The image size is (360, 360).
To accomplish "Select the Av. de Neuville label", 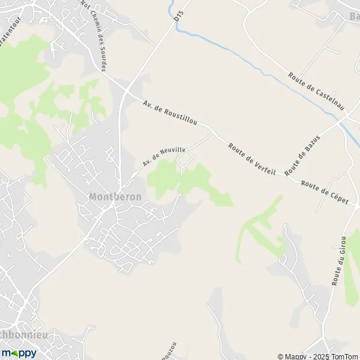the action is (164, 155).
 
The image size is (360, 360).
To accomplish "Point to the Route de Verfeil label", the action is (251, 159).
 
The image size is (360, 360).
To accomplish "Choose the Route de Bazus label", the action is (302, 155).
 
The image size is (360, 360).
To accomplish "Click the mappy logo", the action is (19, 353).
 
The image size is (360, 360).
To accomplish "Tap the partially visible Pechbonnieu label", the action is (24, 334).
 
